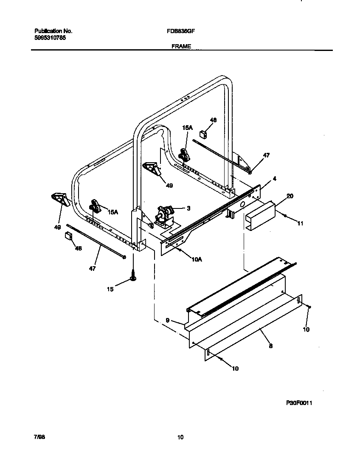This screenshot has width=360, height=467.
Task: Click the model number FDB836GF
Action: (183, 31)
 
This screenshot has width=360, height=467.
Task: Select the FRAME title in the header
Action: (181, 46)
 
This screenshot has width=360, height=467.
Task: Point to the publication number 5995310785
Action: (50, 37)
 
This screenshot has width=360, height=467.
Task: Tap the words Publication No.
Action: (53, 31)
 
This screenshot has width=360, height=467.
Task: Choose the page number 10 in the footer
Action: (180, 437)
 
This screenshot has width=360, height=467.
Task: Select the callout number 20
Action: (290, 196)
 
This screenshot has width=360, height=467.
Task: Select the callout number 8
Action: (270, 346)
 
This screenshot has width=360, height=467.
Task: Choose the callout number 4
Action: (275, 179)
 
